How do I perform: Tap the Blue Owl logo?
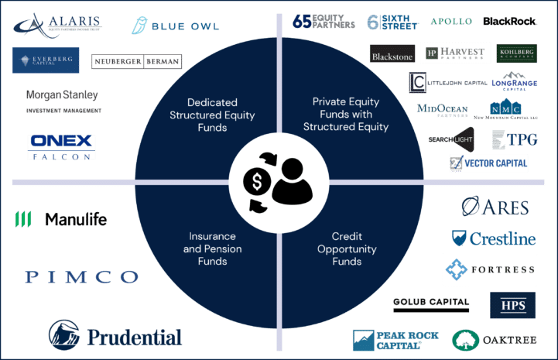(x=176, y=25)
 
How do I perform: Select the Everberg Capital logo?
(x=46, y=60)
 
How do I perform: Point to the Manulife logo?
(x=61, y=220)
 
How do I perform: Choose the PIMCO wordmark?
(x=82, y=276)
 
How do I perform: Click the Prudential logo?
(x=115, y=335)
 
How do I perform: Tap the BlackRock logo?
(x=510, y=21)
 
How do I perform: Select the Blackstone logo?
(x=393, y=56)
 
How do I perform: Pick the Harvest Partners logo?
(x=455, y=53)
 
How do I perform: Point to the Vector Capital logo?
(x=489, y=163)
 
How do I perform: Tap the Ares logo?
(x=495, y=207)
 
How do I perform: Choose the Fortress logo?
(x=489, y=270)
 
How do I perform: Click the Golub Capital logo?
(x=431, y=303)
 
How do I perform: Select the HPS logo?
(x=512, y=306)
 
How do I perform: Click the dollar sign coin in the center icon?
(x=256, y=182)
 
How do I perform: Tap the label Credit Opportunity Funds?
(x=346, y=249)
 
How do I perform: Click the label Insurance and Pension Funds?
(x=212, y=249)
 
